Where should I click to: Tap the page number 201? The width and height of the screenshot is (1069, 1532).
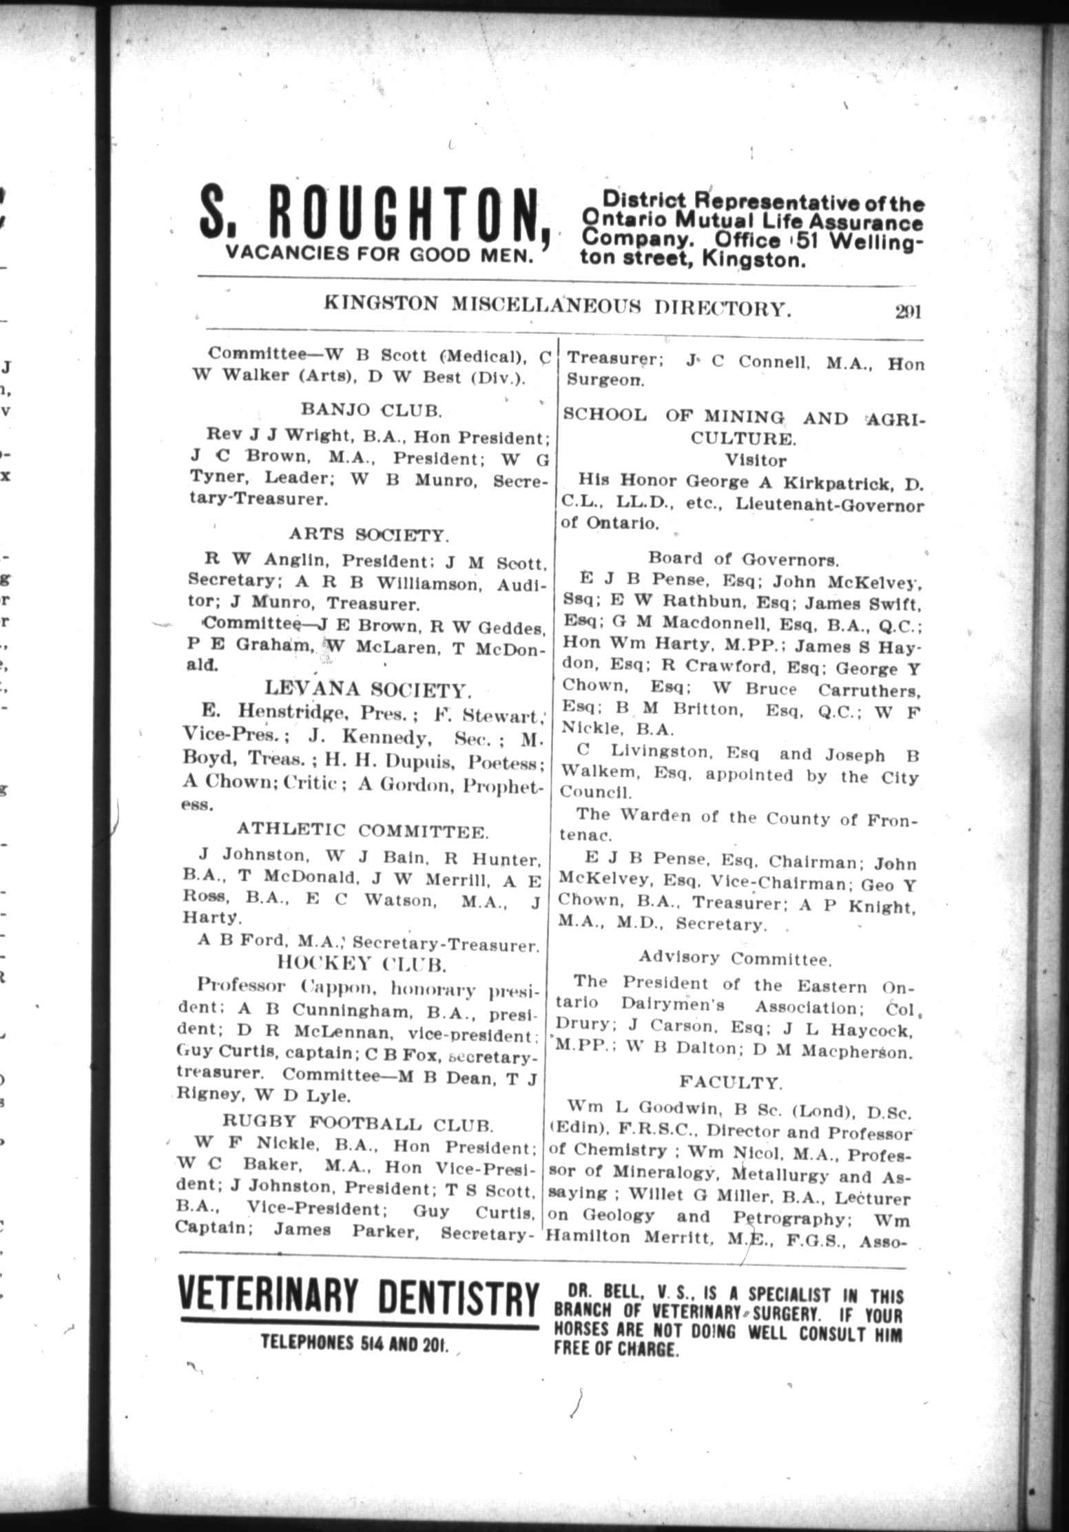point(908,312)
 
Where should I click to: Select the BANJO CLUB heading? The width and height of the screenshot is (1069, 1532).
point(371,411)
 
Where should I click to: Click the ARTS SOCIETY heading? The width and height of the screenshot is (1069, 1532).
point(369,535)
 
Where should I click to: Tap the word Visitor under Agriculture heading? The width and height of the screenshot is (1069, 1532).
point(756,460)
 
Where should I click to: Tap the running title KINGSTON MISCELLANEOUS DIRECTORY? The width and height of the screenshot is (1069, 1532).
point(557,306)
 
